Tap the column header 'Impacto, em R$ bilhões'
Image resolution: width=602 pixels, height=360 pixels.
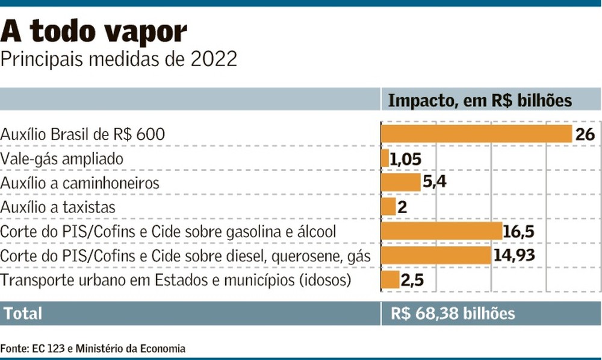pyautogui.click(x=480, y=100)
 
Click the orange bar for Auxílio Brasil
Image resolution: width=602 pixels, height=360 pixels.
pyautogui.click(x=476, y=134)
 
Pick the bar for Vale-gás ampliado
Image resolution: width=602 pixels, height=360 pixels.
pyautogui.click(x=385, y=158)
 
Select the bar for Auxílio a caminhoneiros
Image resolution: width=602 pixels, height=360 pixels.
pyautogui.click(x=400, y=182)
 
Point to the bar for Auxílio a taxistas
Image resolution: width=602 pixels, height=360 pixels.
pyautogui.click(x=388, y=207)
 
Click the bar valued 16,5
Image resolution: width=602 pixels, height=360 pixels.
pyautogui.click(x=442, y=231)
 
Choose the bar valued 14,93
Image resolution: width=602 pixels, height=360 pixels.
pyautogui.click(x=436, y=255)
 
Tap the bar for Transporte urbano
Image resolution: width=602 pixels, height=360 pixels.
pyautogui.click(x=390, y=280)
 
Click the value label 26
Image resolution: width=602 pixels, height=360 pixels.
pyautogui.click(x=585, y=134)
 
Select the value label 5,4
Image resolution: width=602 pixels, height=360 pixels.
pyautogui.click(x=434, y=182)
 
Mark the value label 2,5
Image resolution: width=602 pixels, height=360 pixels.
pyautogui.click(x=412, y=280)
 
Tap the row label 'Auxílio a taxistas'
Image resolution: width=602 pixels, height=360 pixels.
pyautogui.click(x=58, y=207)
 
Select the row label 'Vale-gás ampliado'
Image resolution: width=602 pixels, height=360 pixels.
pyautogui.click(x=62, y=158)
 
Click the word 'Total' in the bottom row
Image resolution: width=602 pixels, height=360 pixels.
pyautogui.click(x=23, y=314)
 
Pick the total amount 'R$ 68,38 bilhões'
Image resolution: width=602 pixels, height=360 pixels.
pyautogui.click(x=453, y=314)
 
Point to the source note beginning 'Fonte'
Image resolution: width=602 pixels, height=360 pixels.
pyautogui.click(x=93, y=348)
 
